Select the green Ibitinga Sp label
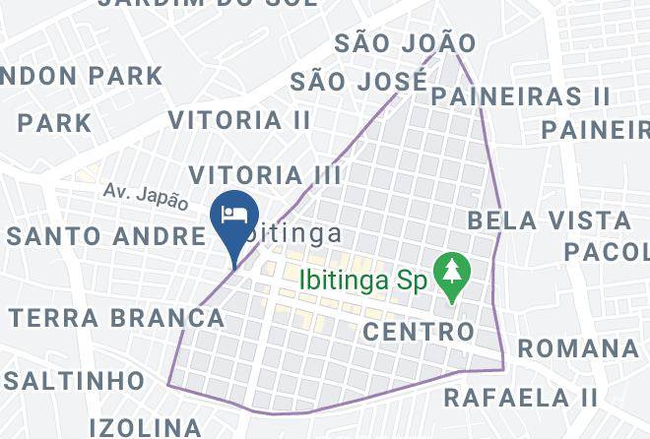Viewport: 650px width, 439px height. pos(361,281)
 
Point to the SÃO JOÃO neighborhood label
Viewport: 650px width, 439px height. pos(405,43)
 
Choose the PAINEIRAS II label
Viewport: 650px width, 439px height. pos(521,96)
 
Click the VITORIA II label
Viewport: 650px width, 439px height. pos(239,120)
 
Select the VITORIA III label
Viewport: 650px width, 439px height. pos(265,175)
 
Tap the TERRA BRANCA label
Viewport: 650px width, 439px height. pos(117,318)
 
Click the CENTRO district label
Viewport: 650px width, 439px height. pos(419,332)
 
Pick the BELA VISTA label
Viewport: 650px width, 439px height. pos(549,219)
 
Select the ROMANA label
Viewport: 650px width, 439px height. pos(578,348)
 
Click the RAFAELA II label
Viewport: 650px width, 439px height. pos(521,398)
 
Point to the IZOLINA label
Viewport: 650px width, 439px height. pos(146,427)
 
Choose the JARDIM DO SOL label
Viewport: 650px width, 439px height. pos(208,4)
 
